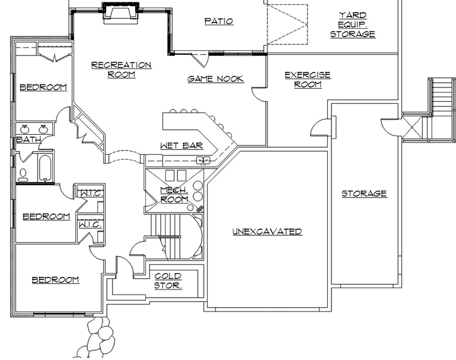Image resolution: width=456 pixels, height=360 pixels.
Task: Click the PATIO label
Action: (x=219, y=21)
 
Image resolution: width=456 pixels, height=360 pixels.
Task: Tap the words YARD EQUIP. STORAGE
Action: (x=353, y=25)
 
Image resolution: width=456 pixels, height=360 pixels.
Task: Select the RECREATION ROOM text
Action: (x=121, y=69)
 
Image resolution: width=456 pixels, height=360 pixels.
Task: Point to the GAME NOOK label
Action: (x=216, y=79)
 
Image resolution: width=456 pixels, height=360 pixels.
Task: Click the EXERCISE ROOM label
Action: (x=308, y=79)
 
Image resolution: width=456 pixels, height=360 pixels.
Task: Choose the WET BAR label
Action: (x=181, y=145)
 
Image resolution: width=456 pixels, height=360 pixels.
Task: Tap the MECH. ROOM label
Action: (x=174, y=194)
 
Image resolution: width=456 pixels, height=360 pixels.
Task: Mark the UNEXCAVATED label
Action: (x=267, y=232)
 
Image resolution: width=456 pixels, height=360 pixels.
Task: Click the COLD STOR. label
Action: (x=168, y=281)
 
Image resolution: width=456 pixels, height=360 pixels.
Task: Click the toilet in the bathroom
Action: (x=23, y=173)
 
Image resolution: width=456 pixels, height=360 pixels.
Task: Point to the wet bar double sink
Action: (x=203, y=160)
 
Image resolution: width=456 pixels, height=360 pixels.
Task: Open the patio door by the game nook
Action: (x=200, y=60)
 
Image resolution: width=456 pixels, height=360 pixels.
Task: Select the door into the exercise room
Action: (x=259, y=93)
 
